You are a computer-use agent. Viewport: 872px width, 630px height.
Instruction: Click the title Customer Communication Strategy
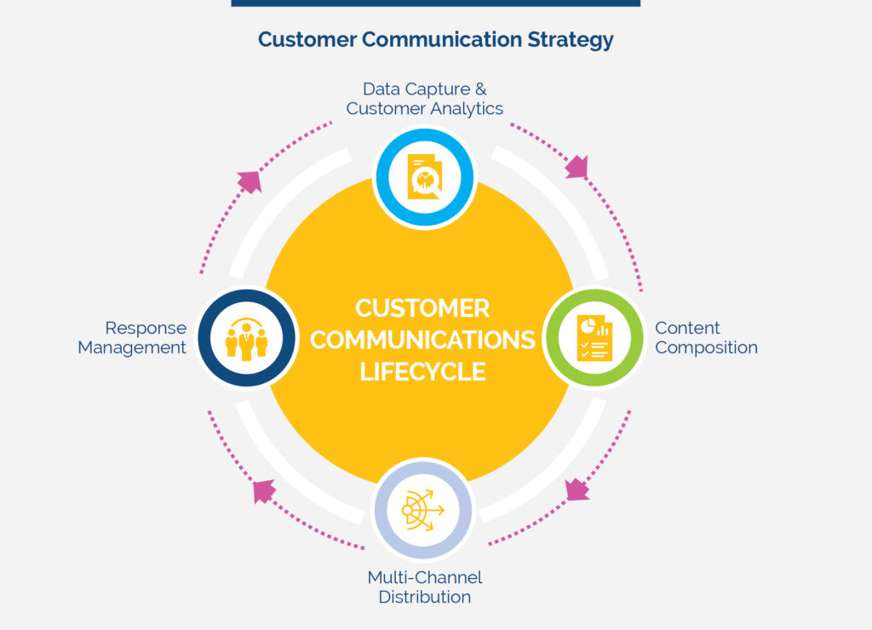(x=435, y=40)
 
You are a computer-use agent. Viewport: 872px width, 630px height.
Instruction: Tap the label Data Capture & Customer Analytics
(x=424, y=99)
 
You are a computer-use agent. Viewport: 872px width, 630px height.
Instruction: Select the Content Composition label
(x=706, y=338)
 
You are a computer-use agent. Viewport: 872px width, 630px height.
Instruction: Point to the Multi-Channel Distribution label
(x=424, y=587)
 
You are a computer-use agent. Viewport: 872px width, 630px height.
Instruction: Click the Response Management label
(x=132, y=338)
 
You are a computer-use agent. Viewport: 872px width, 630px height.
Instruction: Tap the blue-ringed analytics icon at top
(x=424, y=177)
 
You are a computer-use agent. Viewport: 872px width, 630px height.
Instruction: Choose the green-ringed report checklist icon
(x=593, y=338)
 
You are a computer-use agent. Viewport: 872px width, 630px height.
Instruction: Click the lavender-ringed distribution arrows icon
(x=423, y=509)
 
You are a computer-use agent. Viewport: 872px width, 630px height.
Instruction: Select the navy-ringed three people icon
(x=246, y=338)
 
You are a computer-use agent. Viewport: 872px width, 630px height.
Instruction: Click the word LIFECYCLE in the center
(x=422, y=372)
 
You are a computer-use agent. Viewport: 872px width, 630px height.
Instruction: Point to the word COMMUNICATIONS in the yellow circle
(x=422, y=340)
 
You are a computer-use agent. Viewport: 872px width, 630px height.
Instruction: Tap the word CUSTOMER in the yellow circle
(x=422, y=307)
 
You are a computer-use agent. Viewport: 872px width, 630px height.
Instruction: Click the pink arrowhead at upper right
(x=577, y=167)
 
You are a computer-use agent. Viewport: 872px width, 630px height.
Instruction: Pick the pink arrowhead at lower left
(x=264, y=491)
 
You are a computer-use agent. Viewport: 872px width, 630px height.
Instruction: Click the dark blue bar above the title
(x=435, y=3)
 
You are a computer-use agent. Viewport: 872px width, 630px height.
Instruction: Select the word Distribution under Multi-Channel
(x=424, y=597)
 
